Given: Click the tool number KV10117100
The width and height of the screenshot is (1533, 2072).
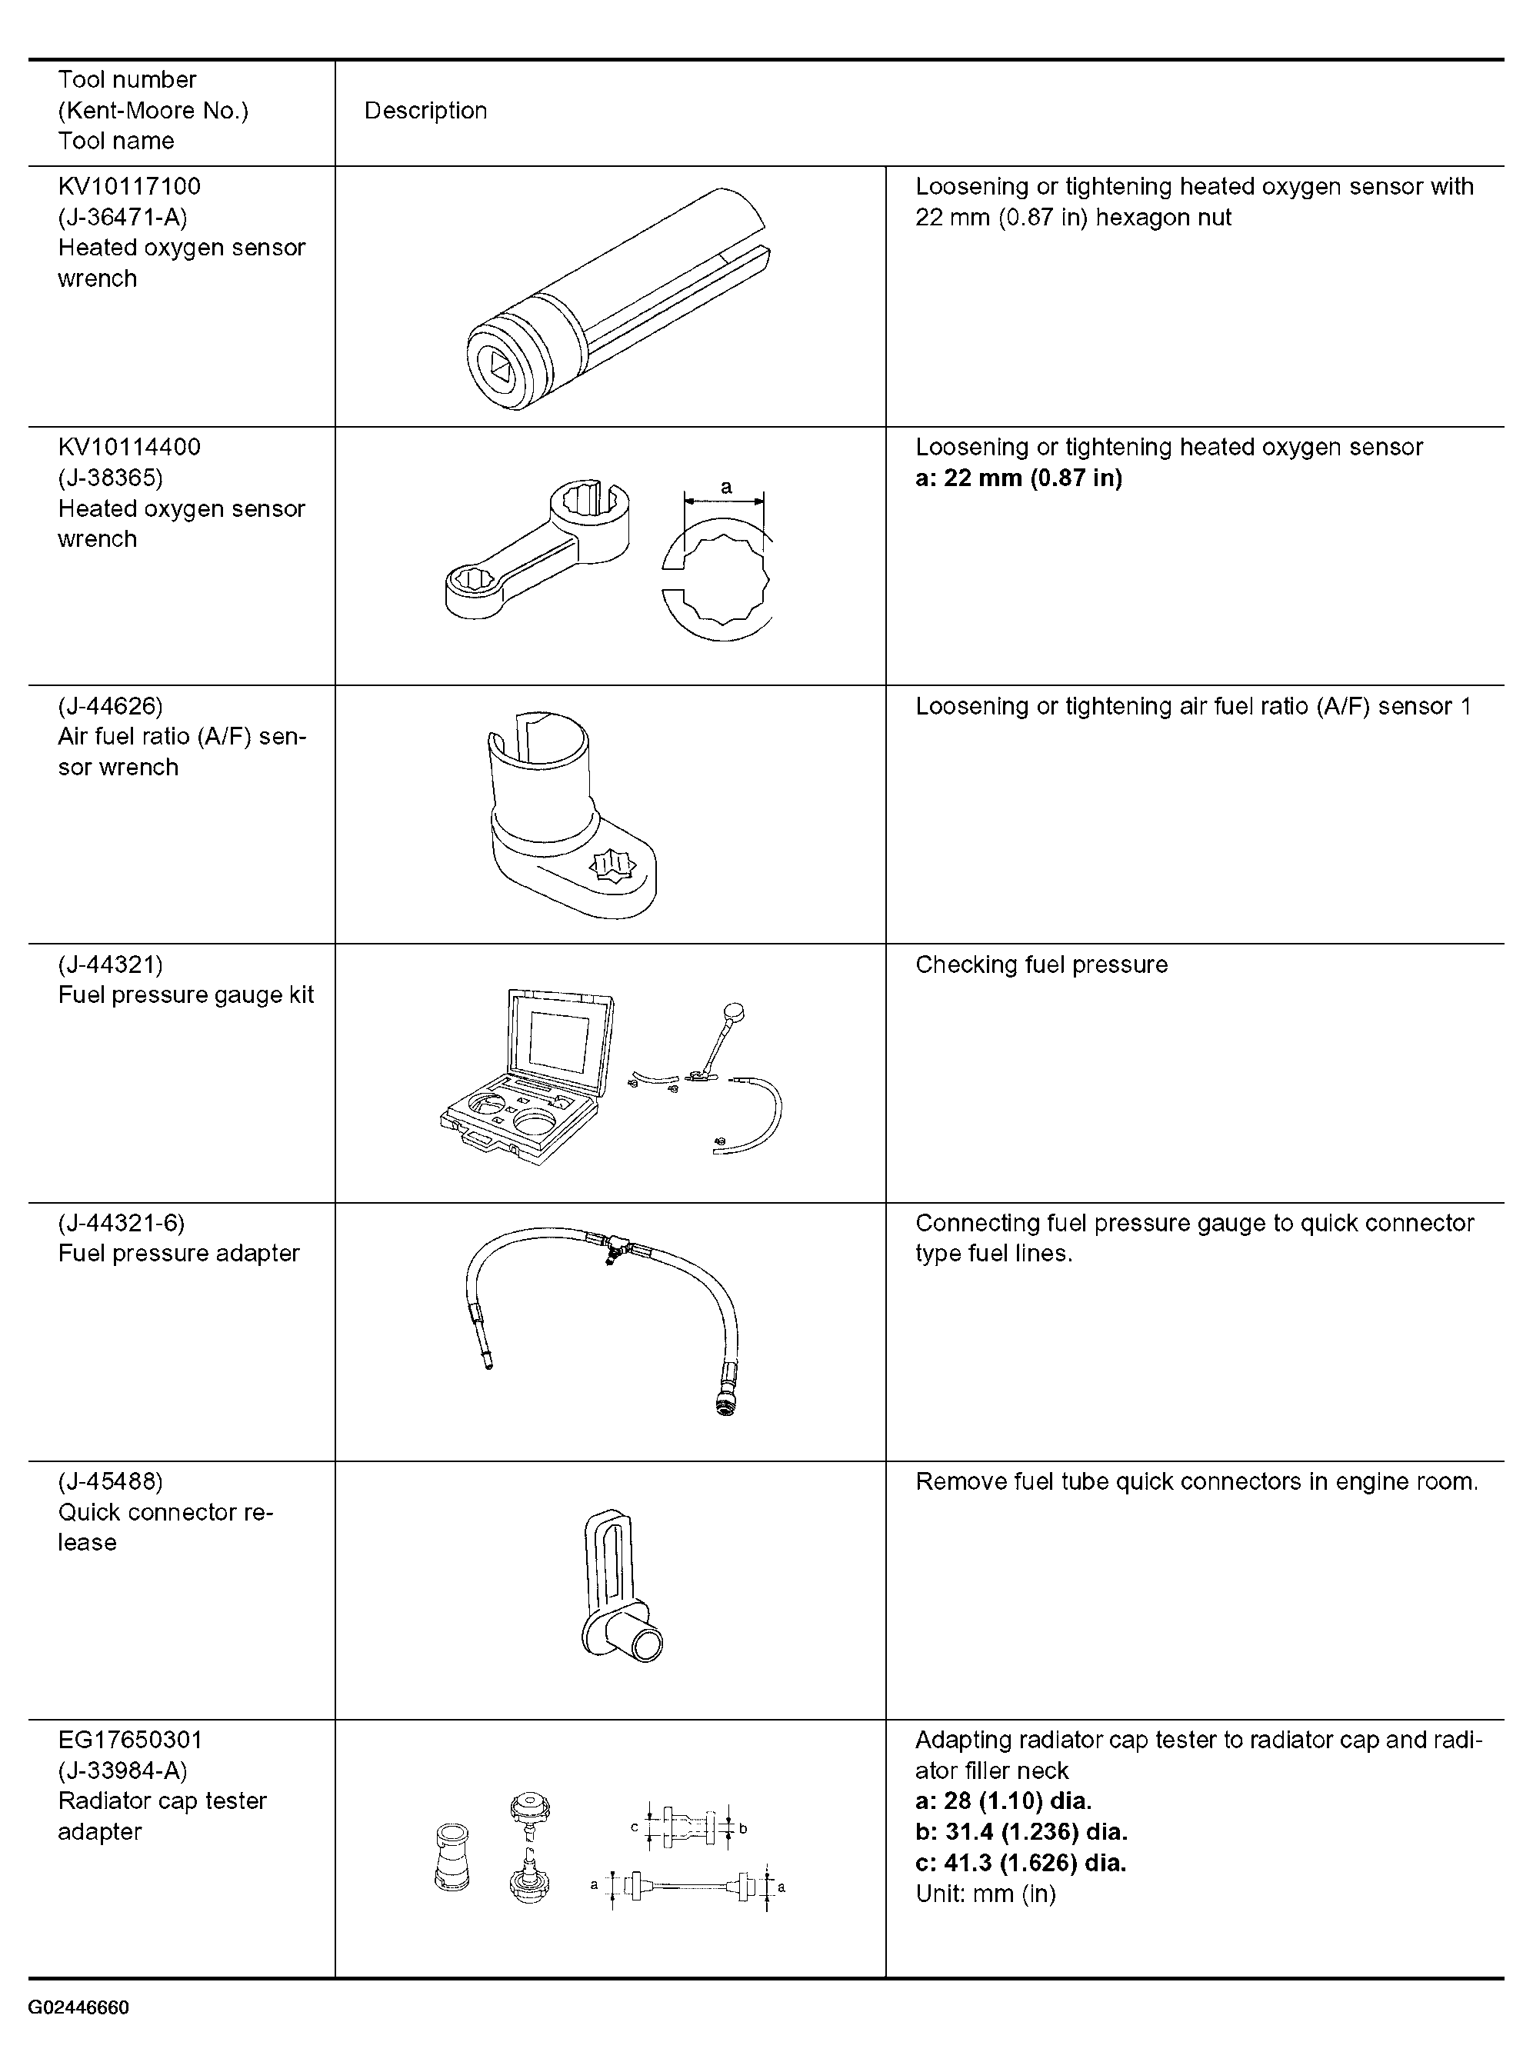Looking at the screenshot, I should pyautogui.click(x=129, y=186).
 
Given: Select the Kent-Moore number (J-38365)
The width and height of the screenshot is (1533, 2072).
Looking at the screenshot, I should pyautogui.click(x=109, y=478).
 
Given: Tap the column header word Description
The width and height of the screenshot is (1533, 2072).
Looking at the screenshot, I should pyautogui.click(x=425, y=111).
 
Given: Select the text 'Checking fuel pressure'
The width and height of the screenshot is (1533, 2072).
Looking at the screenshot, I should pyautogui.click(x=1041, y=965).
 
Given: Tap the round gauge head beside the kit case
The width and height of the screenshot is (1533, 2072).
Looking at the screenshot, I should pyautogui.click(x=735, y=1011).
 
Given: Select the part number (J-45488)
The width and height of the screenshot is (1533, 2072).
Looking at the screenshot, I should pyautogui.click(x=109, y=1482).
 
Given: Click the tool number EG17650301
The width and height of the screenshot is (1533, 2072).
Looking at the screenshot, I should pyautogui.click(x=130, y=1740).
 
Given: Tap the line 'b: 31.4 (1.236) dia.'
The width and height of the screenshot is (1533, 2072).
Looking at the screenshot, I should pyautogui.click(x=1021, y=1833).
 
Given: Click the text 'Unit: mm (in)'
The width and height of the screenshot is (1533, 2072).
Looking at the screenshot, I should pyautogui.click(x=985, y=1894).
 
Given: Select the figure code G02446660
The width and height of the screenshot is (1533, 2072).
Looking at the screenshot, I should pyautogui.click(x=79, y=2008).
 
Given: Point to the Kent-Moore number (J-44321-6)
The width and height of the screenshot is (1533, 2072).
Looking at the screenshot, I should pyautogui.click(x=122, y=1223).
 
